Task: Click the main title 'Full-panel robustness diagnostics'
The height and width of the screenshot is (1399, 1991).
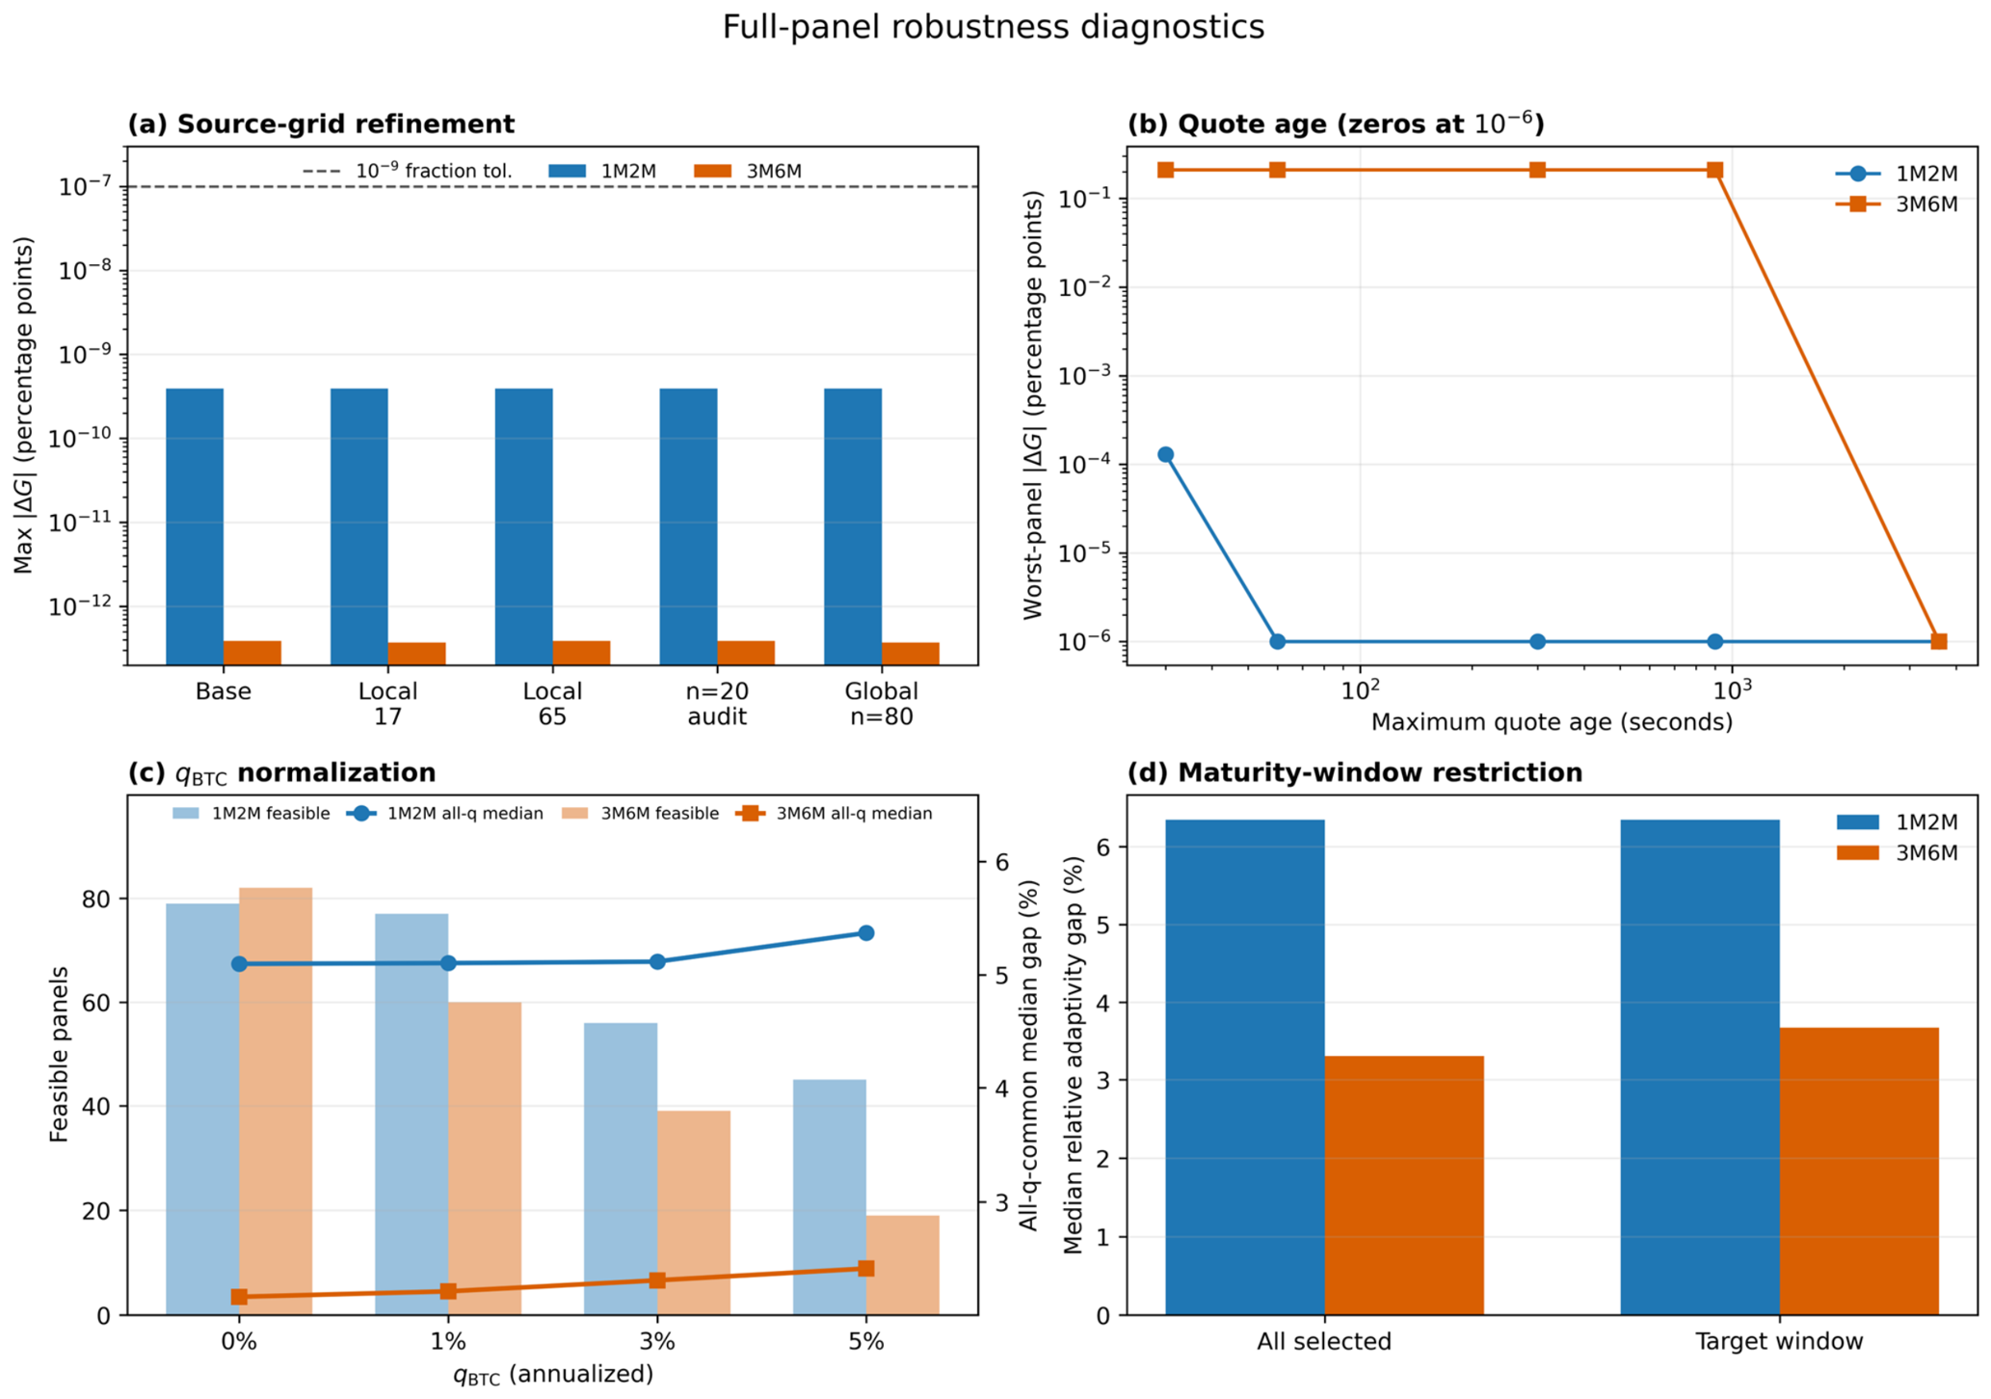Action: click(994, 27)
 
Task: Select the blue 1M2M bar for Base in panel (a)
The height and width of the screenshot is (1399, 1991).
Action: click(195, 526)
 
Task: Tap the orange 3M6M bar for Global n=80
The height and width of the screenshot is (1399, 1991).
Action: click(911, 654)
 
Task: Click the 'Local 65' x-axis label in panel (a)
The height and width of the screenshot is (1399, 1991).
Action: click(552, 704)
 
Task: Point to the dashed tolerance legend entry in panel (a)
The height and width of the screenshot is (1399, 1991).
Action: click(408, 171)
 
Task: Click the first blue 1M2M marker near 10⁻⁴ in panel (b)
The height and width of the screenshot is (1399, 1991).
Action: click(1165, 454)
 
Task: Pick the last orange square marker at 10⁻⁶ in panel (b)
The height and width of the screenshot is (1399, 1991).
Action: click(1939, 641)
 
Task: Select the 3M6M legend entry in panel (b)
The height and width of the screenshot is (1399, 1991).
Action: click(1897, 204)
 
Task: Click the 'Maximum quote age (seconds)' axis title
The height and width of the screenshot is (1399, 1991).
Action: click(1552, 722)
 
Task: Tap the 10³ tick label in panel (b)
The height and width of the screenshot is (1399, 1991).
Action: click(1732, 688)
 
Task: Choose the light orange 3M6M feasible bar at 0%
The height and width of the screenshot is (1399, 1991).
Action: click(276, 1101)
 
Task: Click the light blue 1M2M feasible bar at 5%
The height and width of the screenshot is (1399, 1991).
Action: click(830, 1197)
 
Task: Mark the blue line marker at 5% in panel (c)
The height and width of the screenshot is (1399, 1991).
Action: click(866, 932)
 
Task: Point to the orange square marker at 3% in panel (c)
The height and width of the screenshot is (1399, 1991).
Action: click(657, 1280)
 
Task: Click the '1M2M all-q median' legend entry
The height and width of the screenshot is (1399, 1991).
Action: click(444, 814)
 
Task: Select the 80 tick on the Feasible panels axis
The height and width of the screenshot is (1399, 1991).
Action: click(96, 900)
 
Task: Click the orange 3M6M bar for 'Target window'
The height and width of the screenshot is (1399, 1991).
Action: click(1859, 1171)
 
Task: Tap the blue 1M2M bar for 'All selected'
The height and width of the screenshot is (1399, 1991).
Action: click(1245, 1067)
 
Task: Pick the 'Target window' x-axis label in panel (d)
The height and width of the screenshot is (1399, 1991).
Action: click(1779, 1341)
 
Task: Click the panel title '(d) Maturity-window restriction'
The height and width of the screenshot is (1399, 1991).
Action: click(1355, 773)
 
